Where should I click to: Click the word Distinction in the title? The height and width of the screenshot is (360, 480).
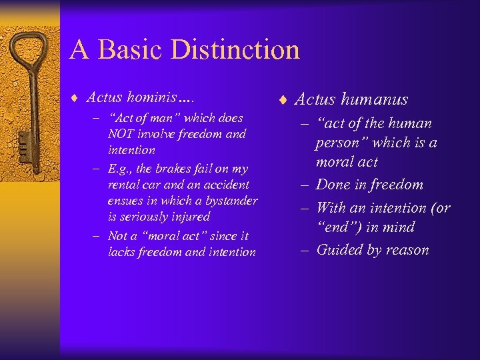pyautogui.click(x=235, y=50)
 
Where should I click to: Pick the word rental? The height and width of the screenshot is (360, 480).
pyautogui.click(x=123, y=185)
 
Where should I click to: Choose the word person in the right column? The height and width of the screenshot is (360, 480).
pyautogui.click(x=340, y=143)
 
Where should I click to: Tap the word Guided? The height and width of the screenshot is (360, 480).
pyautogui.click(x=339, y=250)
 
